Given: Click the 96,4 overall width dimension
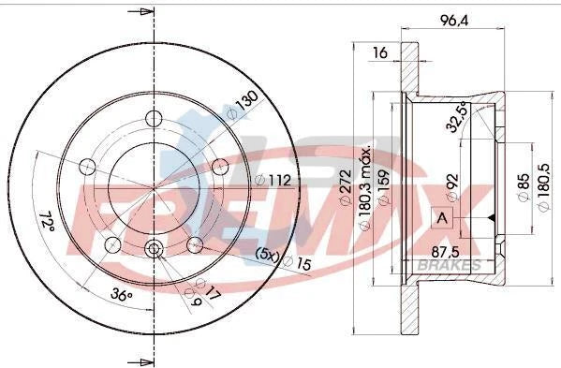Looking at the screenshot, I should (x=455, y=16).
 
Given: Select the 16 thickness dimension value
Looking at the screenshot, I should (x=379, y=53).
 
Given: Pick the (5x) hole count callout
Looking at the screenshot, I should (x=268, y=254).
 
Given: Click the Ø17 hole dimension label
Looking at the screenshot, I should (x=211, y=290).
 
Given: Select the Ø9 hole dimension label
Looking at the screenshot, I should (x=194, y=301).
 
